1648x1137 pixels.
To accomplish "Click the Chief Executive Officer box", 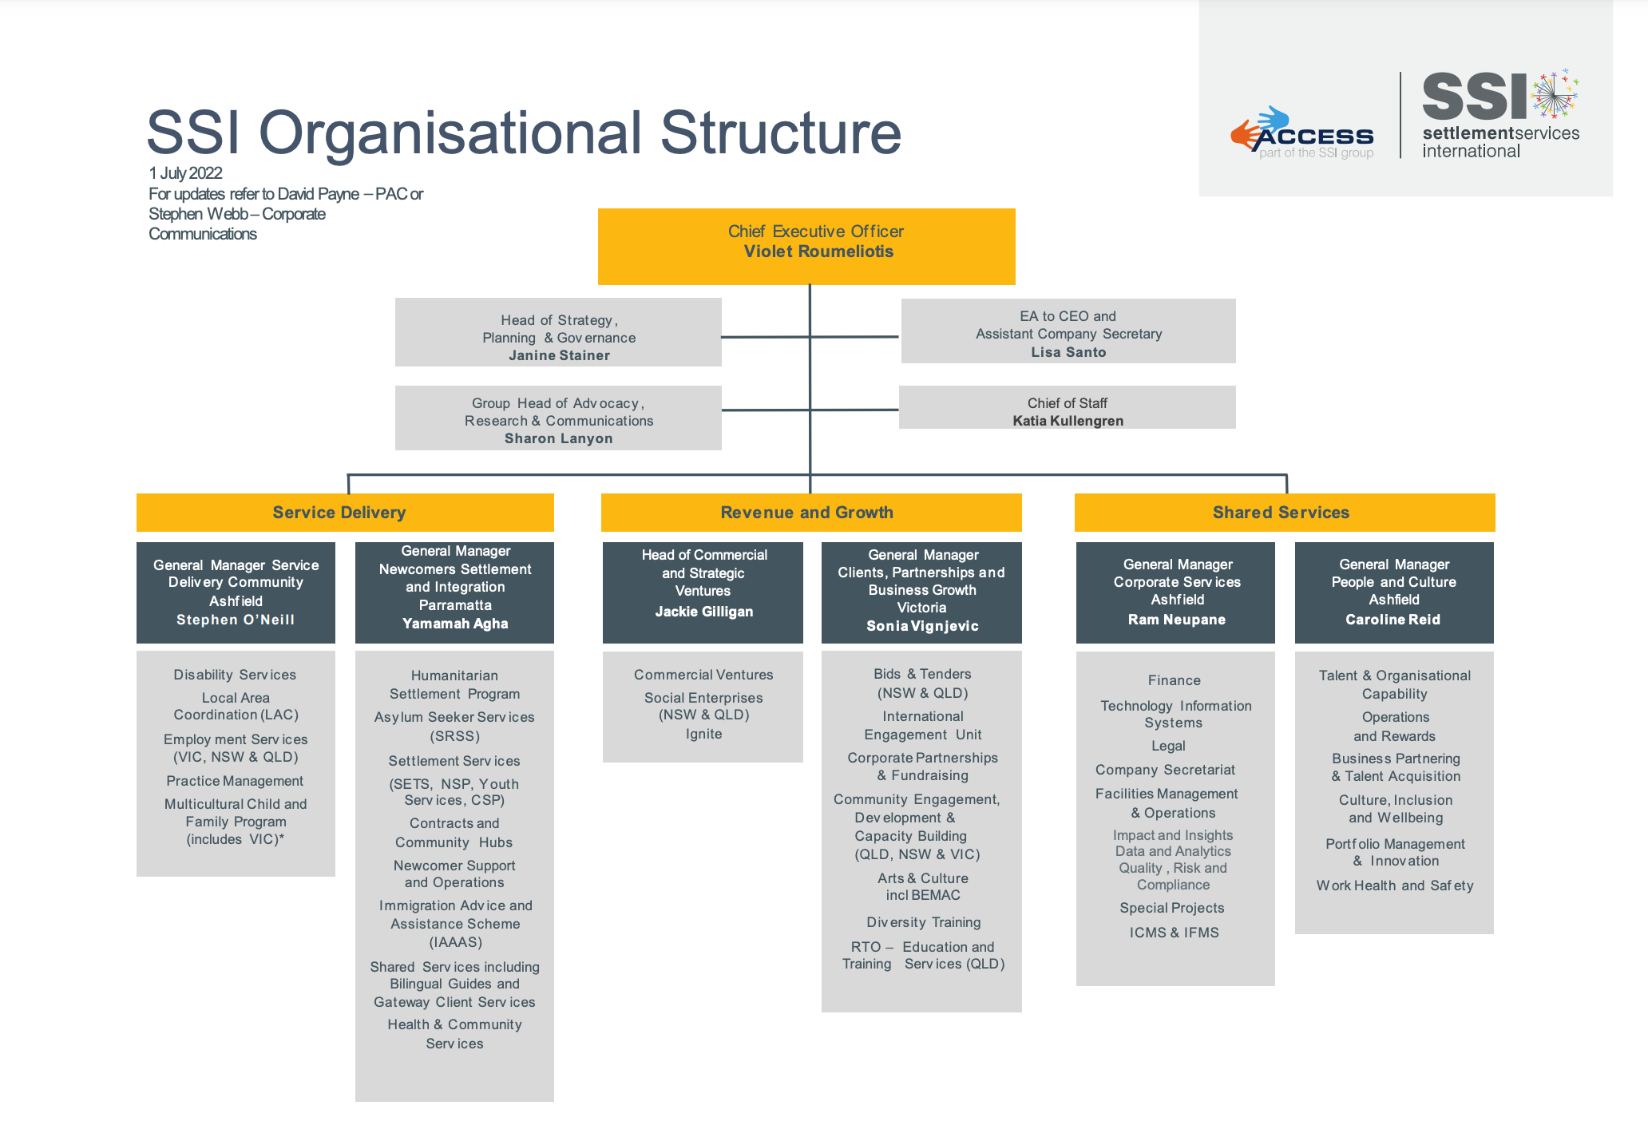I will click(x=806, y=246).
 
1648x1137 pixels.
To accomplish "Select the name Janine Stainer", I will click(x=559, y=355).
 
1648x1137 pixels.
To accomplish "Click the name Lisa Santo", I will click(x=1068, y=352).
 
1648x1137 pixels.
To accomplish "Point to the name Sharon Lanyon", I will click(x=558, y=438).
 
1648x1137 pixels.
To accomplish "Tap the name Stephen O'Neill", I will click(x=236, y=620).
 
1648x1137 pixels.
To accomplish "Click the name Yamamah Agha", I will click(x=455, y=624).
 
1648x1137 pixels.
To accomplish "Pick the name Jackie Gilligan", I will click(x=703, y=612).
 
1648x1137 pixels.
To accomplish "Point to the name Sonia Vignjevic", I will click(x=922, y=626).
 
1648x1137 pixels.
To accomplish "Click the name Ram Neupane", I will click(x=1176, y=620).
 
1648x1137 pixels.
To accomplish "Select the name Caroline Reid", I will click(x=1393, y=620).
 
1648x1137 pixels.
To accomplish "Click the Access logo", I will click(x=1302, y=134).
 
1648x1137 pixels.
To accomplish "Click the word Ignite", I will click(x=703, y=734).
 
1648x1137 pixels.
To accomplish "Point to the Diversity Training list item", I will click(x=923, y=922).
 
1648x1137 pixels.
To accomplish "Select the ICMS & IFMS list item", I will click(x=1174, y=933).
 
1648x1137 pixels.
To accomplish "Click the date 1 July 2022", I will click(x=185, y=173).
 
